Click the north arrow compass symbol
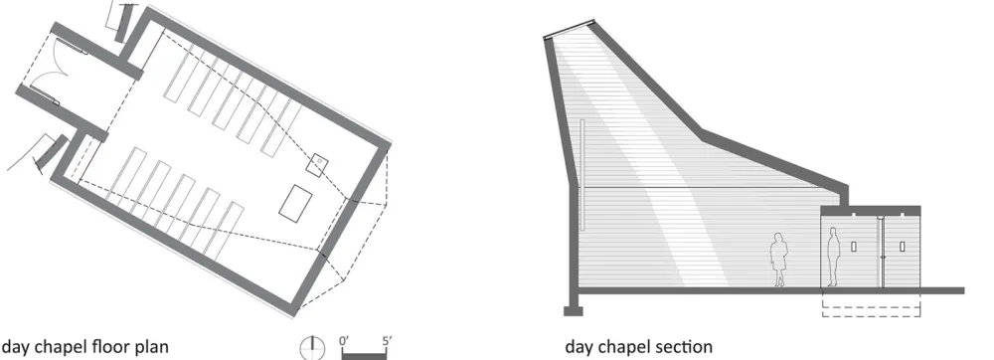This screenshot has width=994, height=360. (311, 346)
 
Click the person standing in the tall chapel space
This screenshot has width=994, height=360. (779, 261)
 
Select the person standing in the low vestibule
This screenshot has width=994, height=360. (836, 255)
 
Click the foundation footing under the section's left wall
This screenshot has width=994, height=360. (573, 310)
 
